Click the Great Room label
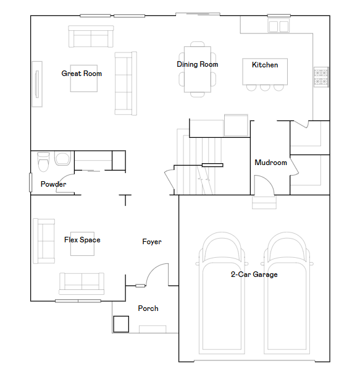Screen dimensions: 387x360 (x=82, y=74)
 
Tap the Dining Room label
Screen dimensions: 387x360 (x=197, y=64)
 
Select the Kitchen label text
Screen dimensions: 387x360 (x=265, y=65)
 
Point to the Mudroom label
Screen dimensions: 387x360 (x=270, y=163)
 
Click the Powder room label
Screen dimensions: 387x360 (x=53, y=184)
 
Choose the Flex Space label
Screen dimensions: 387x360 (x=82, y=240)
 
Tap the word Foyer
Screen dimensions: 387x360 (x=152, y=242)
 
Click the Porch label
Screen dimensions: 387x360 (x=148, y=308)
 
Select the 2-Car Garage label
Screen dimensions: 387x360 (x=254, y=274)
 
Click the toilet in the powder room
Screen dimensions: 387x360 (x=43, y=162)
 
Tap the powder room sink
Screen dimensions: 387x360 (x=62, y=159)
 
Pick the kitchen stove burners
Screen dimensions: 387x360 (x=321, y=77)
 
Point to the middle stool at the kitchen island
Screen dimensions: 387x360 (x=265, y=87)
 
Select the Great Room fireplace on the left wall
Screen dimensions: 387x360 (x=37, y=83)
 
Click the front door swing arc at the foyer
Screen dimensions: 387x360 (x=159, y=272)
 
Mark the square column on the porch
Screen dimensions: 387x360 (x=120, y=324)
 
